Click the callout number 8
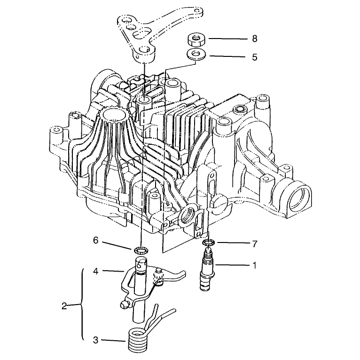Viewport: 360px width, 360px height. pos(254,39)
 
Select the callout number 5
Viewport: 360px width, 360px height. pos(254,57)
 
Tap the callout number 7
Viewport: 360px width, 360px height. pos(254,244)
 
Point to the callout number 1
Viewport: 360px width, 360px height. pos(254,266)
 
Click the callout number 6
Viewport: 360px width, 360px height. pos(96,240)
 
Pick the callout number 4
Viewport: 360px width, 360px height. pos(96,271)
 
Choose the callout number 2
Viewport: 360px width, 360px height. pos(64,306)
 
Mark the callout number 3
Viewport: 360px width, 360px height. pos(96,340)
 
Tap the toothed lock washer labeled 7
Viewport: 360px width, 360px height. pos(209,242)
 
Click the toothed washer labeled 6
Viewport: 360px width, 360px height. pos(141,250)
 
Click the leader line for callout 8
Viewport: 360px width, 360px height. pos(228,39)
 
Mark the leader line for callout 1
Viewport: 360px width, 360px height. pos(233,266)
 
